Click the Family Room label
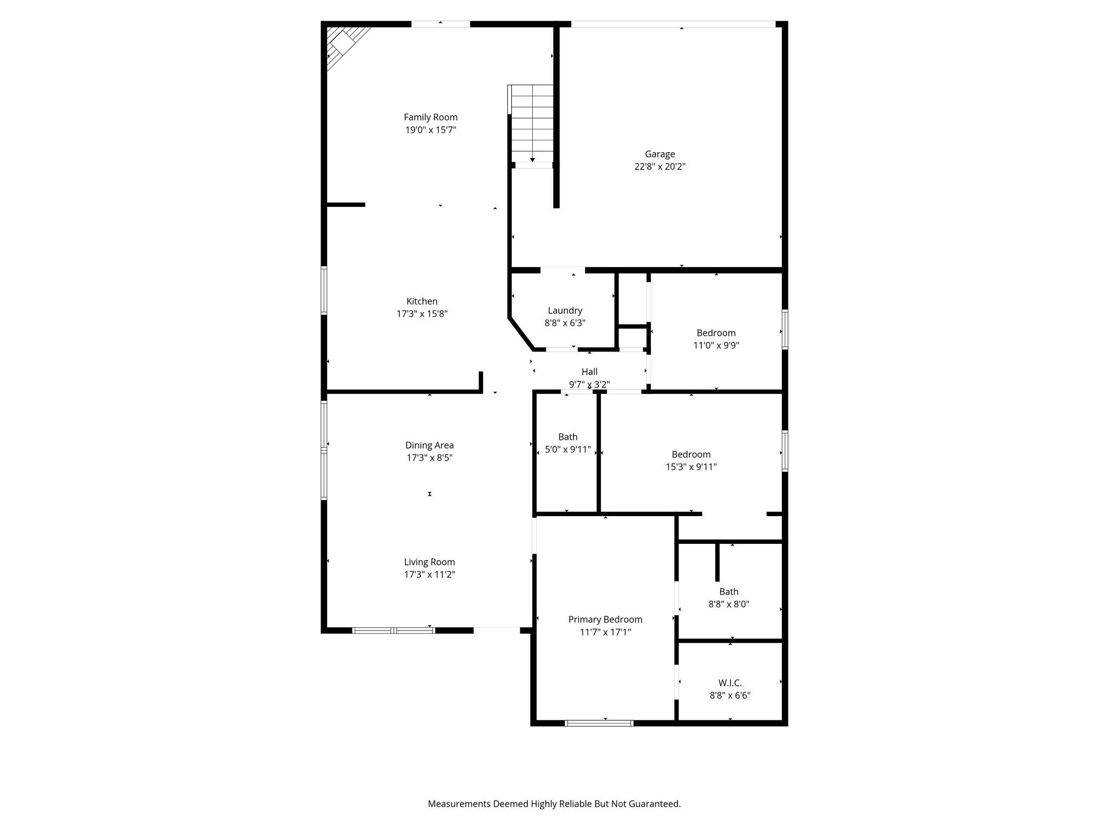coord(430,117)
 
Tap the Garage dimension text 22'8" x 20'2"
coord(660,167)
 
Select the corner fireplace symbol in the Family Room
coord(343,43)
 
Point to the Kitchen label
coord(422,301)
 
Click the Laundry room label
coord(565,310)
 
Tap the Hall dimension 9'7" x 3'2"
coord(589,385)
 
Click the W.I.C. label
coord(730,683)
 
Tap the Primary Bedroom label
coord(605,619)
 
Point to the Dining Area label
coord(429,445)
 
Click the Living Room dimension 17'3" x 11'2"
coord(429,575)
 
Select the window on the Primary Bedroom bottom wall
coord(599,723)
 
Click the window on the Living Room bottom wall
coord(394,630)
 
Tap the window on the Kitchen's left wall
coord(324,290)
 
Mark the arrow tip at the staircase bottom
coord(532,160)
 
